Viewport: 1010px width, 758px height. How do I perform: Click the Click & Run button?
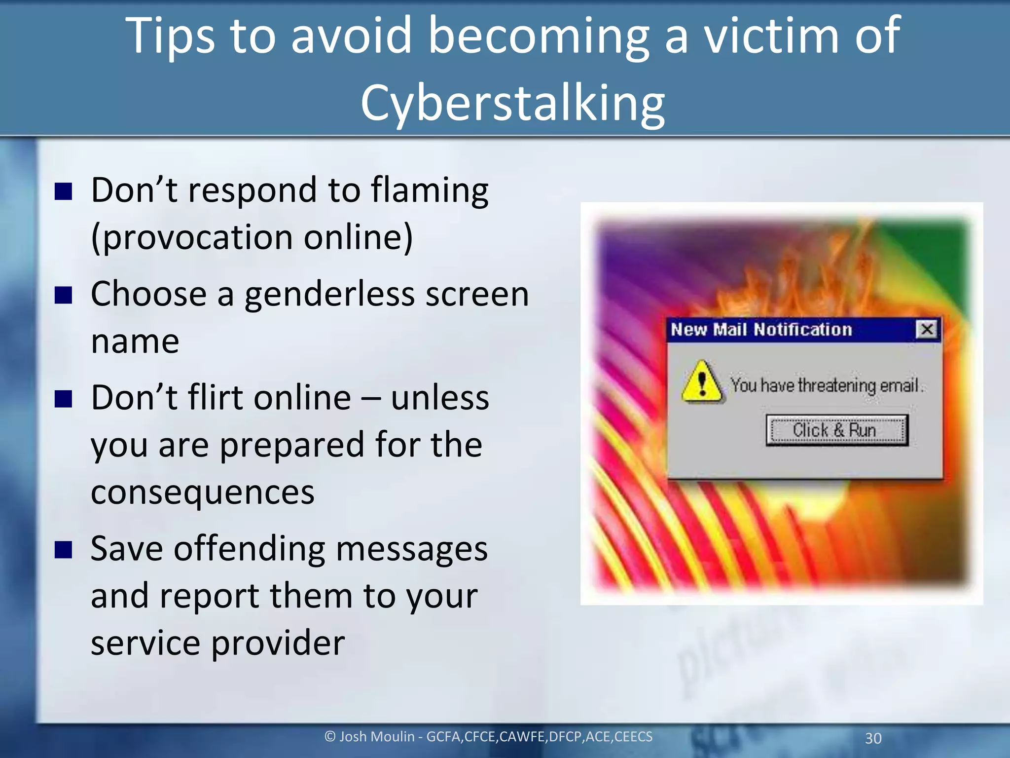[x=836, y=430]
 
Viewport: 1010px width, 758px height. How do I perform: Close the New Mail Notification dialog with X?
[x=927, y=329]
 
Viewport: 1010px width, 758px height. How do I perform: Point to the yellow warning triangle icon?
[x=702, y=382]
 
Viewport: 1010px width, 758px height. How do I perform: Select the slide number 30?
[x=873, y=738]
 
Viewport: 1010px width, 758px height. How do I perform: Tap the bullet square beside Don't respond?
[x=64, y=191]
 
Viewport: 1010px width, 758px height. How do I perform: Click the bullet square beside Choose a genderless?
[x=64, y=295]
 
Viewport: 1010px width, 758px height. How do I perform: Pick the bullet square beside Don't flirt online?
[x=64, y=399]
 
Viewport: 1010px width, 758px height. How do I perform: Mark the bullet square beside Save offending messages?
[x=64, y=550]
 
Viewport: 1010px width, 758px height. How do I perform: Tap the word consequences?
[x=202, y=493]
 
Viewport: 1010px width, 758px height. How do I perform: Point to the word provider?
[x=278, y=644]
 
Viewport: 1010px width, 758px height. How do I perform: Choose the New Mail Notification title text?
[x=761, y=329]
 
